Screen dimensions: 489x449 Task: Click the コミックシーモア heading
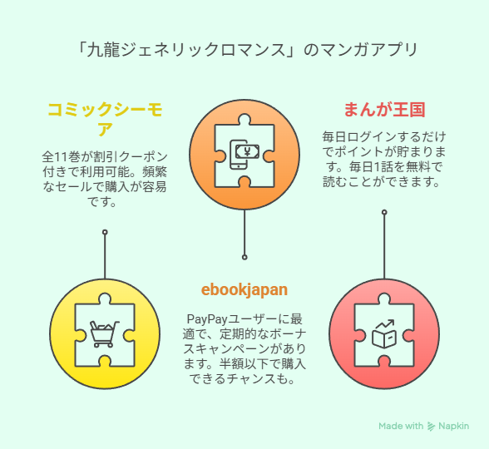tap(105, 119)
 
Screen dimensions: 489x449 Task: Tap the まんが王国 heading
tap(384, 110)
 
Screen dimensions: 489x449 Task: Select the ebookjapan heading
tap(244, 290)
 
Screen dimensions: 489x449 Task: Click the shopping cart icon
tap(105, 334)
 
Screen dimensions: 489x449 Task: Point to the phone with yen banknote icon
tap(244, 155)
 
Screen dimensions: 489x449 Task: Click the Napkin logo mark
tap(431, 427)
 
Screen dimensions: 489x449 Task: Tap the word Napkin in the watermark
tap(453, 427)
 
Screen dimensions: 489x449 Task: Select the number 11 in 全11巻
tap(60, 156)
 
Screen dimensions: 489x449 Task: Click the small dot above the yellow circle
tap(105, 232)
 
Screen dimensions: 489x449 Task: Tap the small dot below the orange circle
tap(244, 257)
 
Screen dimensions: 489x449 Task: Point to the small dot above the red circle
tap(384, 212)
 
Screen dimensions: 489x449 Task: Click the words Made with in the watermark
tap(401, 427)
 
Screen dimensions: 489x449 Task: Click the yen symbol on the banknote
tap(247, 152)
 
